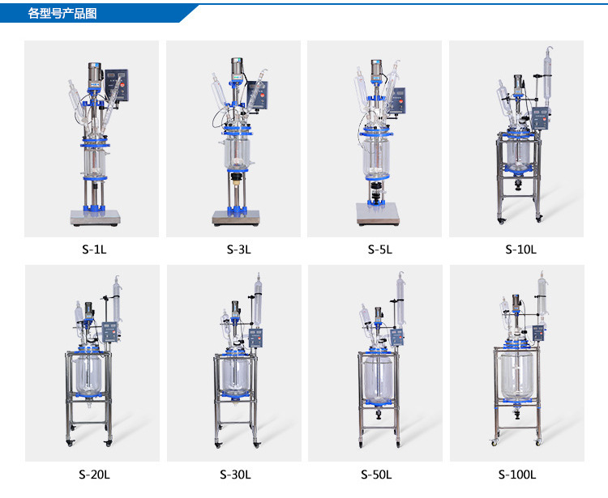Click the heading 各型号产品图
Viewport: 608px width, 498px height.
click(62, 14)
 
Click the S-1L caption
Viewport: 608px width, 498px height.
click(94, 249)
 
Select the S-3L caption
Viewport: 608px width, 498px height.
click(239, 249)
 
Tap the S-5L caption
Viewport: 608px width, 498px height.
click(380, 249)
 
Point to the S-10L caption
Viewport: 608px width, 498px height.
click(520, 249)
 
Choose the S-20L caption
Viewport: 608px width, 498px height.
click(94, 474)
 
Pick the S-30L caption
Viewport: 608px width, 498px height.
click(235, 474)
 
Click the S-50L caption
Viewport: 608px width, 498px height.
click(376, 474)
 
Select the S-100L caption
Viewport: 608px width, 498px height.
click(517, 474)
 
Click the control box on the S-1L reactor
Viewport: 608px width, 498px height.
click(117, 85)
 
